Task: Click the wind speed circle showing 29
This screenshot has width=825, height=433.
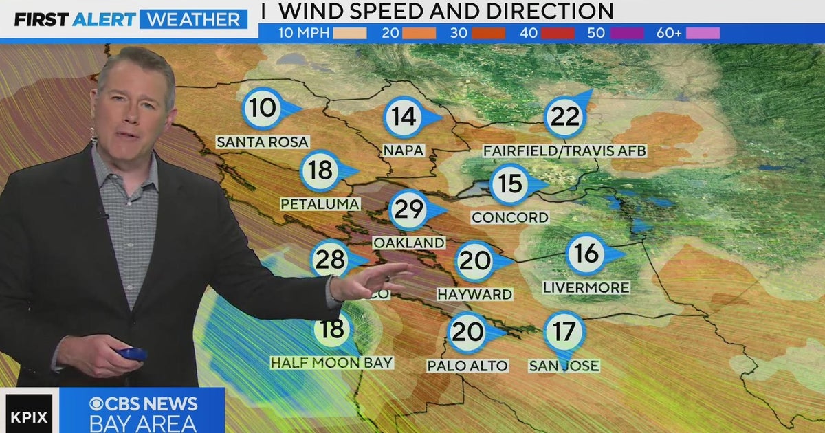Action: point(409,210)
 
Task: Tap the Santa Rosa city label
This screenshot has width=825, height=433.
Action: point(262,142)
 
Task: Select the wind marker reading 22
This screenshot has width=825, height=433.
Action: point(565,117)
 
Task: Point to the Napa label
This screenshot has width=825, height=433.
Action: point(404,149)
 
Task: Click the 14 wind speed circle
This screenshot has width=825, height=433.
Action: point(404,117)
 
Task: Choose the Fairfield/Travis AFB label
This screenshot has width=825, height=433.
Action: point(565,151)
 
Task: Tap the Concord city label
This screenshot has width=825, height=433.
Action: point(509,218)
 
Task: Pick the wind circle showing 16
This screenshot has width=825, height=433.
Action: point(586,254)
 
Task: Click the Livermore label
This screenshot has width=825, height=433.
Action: point(586,288)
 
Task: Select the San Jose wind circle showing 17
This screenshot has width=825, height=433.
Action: point(564,333)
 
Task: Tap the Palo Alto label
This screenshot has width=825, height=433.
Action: point(467,366)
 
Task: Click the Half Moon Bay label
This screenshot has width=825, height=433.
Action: point(331,362)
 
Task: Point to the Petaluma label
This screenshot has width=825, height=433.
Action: point(320,204)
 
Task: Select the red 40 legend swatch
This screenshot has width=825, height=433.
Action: point(557,33)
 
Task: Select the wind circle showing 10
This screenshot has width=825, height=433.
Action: point(262,109)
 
